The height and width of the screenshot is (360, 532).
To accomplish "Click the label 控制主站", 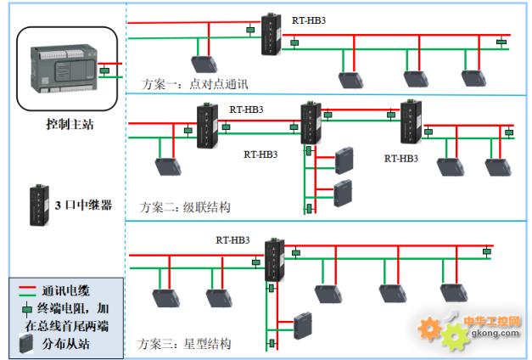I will pos(69,124).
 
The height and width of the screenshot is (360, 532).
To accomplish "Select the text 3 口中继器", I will pos(82,205).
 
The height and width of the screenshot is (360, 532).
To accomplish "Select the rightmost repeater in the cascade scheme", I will pos(412,121).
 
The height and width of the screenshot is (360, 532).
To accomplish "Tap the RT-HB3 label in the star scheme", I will pos(233,240).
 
